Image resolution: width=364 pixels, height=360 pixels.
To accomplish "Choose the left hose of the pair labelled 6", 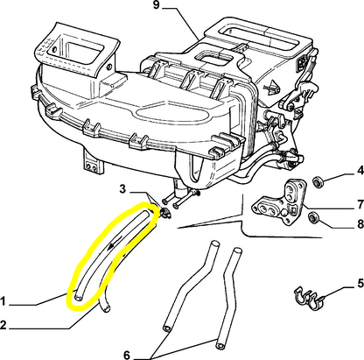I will pyautogui.click(x=186, y=293).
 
